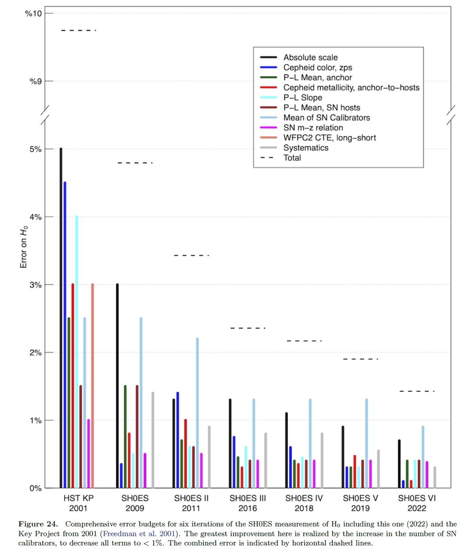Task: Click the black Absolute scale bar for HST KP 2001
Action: click(x=61, y=319)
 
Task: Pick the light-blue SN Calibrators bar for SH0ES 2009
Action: click(x=141, y=403)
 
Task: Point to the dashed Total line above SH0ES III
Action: click(x=247, y=328)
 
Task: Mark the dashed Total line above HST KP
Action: click(x=79, y=30)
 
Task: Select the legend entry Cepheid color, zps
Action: click(x=317, y=67)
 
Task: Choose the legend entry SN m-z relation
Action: click(x=313, y=127)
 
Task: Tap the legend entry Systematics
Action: click(x=306, y=148)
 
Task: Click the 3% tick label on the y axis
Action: click(x=35, y=285)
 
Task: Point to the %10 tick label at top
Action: click(x=34, y=13)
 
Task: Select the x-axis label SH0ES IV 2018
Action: click(x=304, y=503)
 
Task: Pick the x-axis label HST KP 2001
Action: click(x=79, y=503)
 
